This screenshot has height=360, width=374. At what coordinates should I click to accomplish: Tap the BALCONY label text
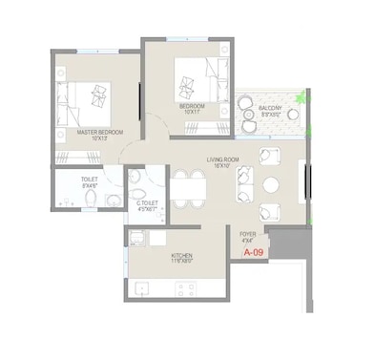[271, 108]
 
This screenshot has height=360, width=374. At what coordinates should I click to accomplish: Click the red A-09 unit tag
[253, 254]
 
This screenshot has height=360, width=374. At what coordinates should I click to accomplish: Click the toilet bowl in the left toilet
[88, 199]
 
